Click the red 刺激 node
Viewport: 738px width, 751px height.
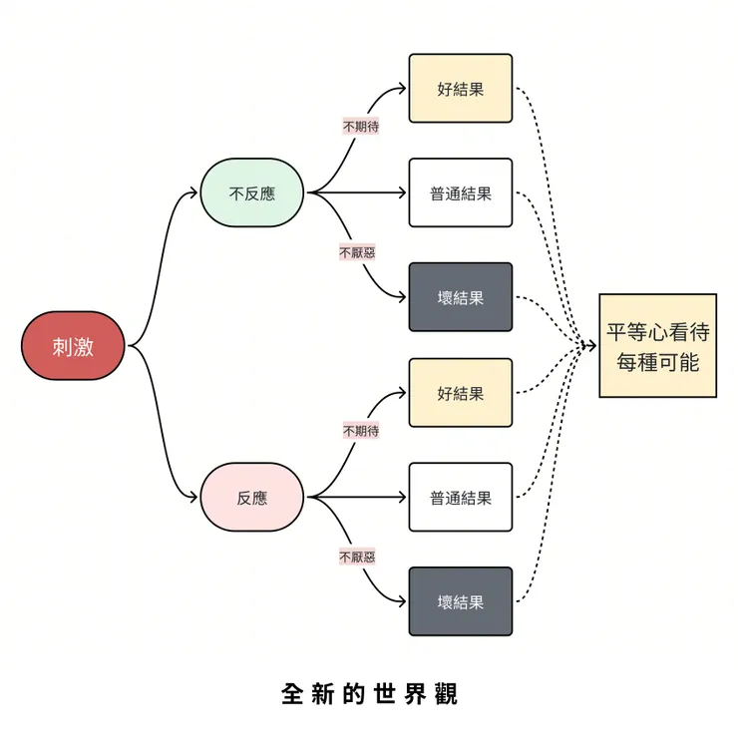tap(74, 345)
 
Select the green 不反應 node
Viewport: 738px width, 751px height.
tap(252, 193)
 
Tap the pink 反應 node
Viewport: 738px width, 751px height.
tap(252, 498)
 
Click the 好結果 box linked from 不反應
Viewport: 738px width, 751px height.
tap(460, 88)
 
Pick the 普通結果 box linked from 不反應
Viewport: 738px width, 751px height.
tap(460, 193)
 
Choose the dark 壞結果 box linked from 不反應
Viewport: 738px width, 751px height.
tap(460, 297)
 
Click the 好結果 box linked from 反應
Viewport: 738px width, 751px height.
tap(460, 393)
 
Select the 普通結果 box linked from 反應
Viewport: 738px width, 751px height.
tap(460, 498)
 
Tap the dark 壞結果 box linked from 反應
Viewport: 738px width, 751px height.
tap(460, 601)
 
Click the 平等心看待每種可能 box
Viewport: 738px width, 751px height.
tap(657, 346)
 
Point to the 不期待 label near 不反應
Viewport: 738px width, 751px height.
tap(360, 127)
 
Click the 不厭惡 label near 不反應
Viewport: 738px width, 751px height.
tap(357, 252)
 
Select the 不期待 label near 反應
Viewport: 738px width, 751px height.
tap(360, 431)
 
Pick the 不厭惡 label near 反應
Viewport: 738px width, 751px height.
tap(357, 557)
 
